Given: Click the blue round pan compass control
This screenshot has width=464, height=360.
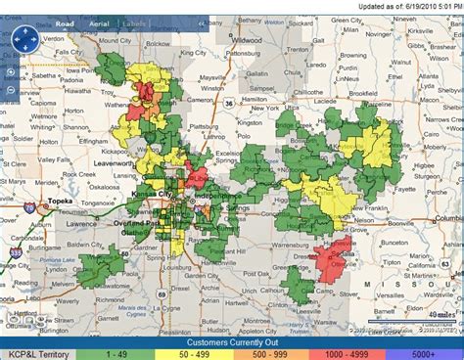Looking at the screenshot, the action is tap(23, 39).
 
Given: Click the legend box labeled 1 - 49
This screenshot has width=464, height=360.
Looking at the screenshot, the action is tap(118, 353).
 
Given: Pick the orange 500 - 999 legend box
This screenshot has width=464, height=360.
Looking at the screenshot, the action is tap(272, 353).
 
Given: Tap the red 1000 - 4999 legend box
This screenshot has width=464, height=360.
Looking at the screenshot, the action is tap(348, 353).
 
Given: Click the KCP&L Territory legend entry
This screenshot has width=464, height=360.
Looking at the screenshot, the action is tap(38, 353).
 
